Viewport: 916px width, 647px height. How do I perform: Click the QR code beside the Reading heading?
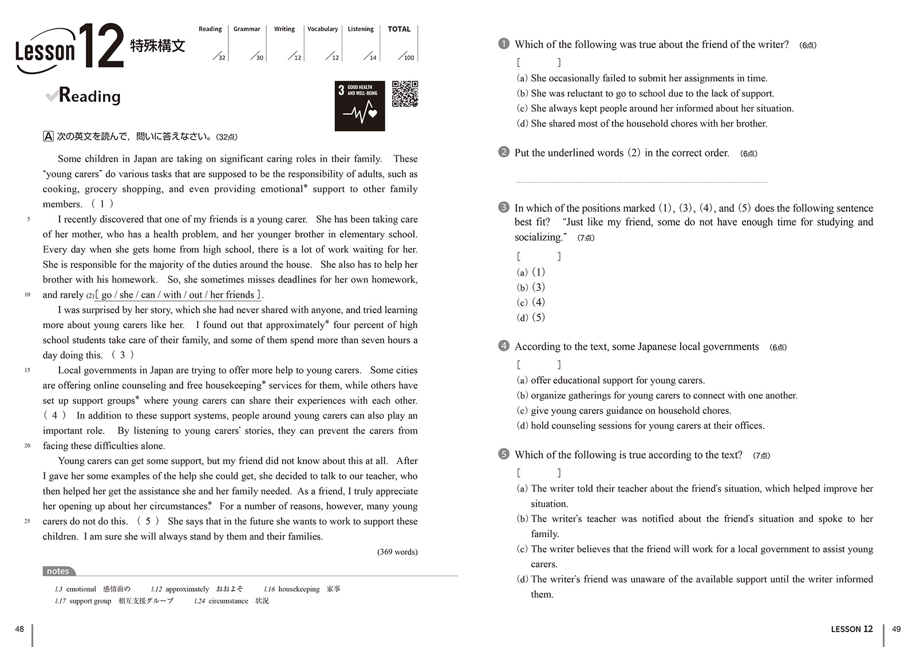[x=405, y=94]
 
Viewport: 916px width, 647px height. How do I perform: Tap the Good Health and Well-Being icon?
[x=360, y=106]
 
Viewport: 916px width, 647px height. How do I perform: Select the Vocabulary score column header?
[x=322, y=29]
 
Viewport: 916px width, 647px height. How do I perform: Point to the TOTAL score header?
[x=399, y=29]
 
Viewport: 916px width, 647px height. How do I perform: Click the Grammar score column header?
[x=247, y=29]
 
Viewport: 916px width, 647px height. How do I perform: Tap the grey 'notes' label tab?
[x=58, y=571]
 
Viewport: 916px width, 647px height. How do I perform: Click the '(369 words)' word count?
[x=397, y=552]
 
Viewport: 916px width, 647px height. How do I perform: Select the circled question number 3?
[x=504, y=207]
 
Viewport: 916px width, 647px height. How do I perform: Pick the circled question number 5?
[x=504, y=454]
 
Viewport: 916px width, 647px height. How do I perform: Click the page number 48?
[x=19, y=629]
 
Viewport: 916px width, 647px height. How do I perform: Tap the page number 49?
[x=897, y=629]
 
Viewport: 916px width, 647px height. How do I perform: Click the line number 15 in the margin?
[x=27, y=370]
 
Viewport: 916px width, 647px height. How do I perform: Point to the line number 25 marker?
[x=27, y=521]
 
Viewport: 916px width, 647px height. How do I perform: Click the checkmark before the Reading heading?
[x=52, y=95]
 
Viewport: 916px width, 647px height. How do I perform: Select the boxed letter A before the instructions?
[x=49, y=136]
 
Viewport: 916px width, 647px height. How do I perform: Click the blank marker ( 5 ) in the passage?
[x=148, y=521]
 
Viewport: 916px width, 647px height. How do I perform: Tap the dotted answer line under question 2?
[x=641, y=182]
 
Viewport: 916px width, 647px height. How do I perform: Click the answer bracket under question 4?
[x=539, y=364]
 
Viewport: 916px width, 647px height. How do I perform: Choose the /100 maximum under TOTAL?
[x=408, y=57]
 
